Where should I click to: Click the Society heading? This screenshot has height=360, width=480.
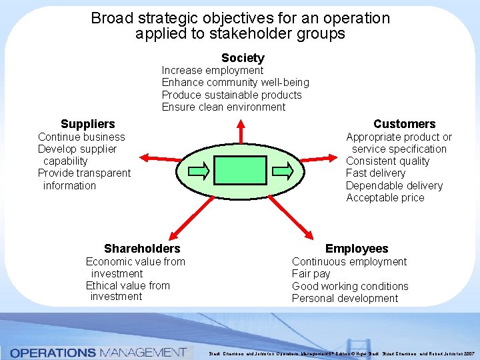(243, 58)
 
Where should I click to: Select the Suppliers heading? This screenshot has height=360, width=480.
(87, 124)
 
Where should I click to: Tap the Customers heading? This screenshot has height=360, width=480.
(404, 124)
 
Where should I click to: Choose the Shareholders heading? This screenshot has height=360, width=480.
(142, 249)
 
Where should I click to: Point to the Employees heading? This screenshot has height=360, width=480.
(357, 249)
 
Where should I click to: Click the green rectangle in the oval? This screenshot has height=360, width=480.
(241, 170)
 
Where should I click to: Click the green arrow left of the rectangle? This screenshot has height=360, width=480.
(199, 170)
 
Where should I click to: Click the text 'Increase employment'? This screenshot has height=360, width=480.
(213, 71)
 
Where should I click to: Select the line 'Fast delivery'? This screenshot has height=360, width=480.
(375, 173)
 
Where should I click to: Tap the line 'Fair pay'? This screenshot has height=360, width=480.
(311, 274)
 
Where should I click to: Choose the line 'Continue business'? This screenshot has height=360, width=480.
(81, 137)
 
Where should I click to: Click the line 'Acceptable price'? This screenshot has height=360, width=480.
(385, 198)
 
